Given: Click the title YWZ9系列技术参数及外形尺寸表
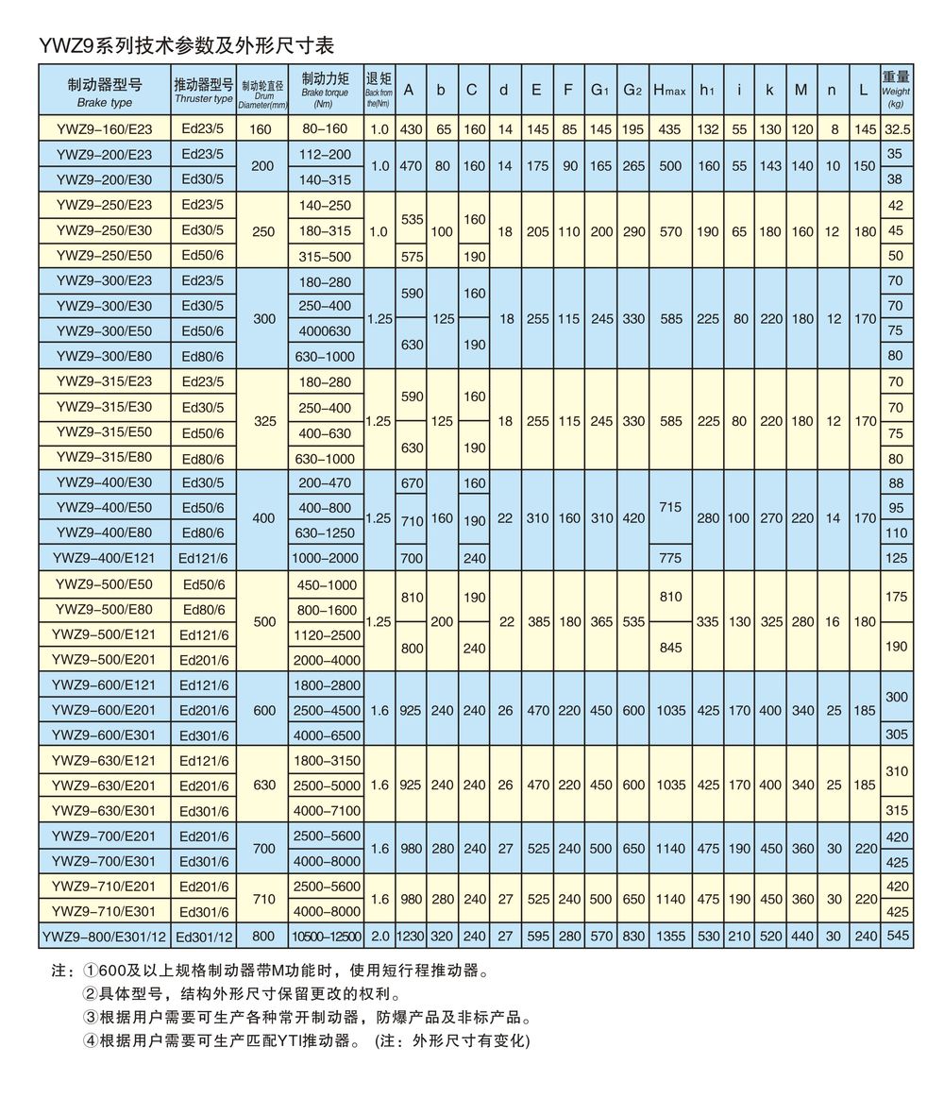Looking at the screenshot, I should point(186,45).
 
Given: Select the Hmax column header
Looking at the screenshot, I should point(669,90).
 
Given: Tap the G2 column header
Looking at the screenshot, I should point(632,90).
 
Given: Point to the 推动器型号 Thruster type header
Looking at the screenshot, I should point(203,90).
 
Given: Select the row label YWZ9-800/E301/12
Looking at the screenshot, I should point(104,936).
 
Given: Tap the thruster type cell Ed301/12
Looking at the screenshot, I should point(203,936).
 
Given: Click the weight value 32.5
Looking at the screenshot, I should point(895,129).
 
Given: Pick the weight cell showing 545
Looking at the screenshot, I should point(895,936).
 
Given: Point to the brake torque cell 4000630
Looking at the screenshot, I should point(325,330).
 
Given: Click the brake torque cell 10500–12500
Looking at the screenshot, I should point(326,936).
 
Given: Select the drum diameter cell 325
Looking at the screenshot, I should point(263,420).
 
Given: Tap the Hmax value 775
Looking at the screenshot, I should point(669,558).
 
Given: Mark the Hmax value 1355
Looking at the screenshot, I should point(669,936).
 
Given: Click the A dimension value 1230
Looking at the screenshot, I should point(411,936).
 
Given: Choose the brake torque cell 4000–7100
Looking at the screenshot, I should point(325,809).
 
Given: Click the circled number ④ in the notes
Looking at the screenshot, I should point(90,1041).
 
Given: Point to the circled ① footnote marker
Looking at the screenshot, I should point(90,971).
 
